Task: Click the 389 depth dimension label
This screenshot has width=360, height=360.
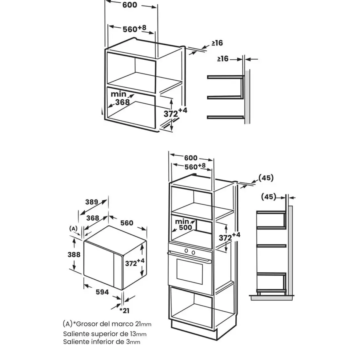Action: (92, 202)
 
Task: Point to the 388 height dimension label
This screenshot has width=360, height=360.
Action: (74, 255)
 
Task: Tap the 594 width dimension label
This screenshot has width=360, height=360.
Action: (102, 292)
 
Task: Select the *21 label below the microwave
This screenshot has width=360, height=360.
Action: (124, 311)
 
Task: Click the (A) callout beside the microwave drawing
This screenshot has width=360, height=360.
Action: (73, 228)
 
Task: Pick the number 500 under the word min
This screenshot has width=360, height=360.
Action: (185, 227)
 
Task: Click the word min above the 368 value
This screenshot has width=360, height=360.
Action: (118, 94)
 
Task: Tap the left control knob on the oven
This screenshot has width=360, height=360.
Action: (186, 251)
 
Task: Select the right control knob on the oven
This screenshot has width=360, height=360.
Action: (193, 253)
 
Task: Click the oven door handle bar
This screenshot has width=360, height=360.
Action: (189, 257)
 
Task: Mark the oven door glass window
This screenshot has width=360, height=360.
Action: (190, 272)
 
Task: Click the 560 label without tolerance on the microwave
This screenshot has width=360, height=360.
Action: (127, 223)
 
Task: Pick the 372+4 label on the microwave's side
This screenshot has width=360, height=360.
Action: (135, 263)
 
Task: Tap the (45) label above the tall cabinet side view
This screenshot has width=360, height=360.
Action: (268, 197)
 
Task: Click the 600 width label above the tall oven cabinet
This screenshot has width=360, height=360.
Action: (191, 158)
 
